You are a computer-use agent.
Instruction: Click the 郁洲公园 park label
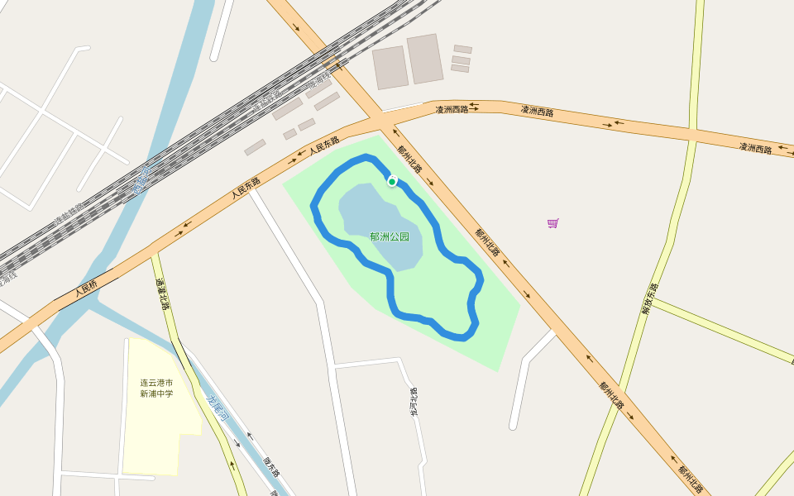click(390, 237)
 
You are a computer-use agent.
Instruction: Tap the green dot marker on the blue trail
click(392, 182)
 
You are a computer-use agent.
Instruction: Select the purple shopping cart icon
click(552, 223)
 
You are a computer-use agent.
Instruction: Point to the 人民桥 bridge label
click(86, 289)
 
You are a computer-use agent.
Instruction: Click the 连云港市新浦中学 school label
click(156, 389)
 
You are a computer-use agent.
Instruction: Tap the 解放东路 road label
click(650, 298)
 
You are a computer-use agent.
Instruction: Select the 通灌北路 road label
click(162, 294)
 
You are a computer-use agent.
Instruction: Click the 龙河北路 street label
click(414, 401)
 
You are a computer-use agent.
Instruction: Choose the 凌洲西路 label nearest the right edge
click(755, 148)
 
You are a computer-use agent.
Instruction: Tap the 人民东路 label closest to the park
click(324, 148)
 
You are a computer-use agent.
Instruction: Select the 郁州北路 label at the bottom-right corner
click(691, 479)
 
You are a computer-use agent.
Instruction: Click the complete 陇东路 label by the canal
click(271, 467)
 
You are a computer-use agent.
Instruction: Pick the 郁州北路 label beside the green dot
click(409, 159)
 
